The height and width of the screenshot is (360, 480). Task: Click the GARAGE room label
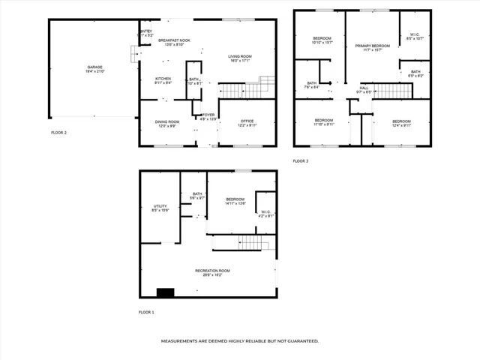pos(94,67)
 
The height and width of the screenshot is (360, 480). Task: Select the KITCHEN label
pos(163,79)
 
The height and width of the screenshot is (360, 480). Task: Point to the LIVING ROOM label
pos(240,56)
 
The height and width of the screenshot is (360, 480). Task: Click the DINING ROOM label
pos(167,122)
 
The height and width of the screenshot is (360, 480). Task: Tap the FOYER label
pos(208,115)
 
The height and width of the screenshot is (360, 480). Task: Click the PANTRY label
pos(145,31)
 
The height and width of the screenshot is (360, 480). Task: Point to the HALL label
pos(363,88)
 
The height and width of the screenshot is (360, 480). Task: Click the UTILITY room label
pos(160,205)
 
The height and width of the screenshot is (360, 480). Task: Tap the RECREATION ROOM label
pos(212,271)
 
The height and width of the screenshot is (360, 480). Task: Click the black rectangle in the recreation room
pos(165,292)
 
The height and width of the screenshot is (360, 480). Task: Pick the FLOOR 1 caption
pos(146,311)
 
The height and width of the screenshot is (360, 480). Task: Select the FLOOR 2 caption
pos(58,132)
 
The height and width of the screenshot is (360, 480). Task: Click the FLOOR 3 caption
pos(300,160)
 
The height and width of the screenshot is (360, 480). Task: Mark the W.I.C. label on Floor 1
pos(266,211)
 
